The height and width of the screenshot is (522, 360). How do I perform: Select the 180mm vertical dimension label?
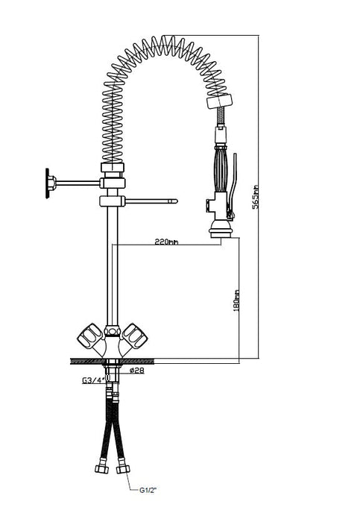click(x=236, y=301)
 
